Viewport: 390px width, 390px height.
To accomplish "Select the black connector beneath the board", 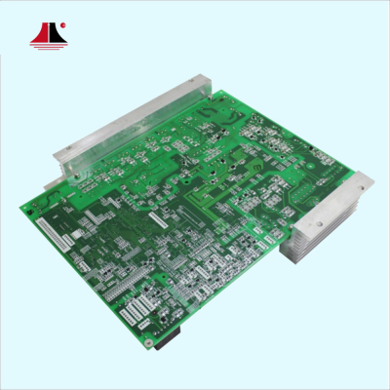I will (x=169, y=338).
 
